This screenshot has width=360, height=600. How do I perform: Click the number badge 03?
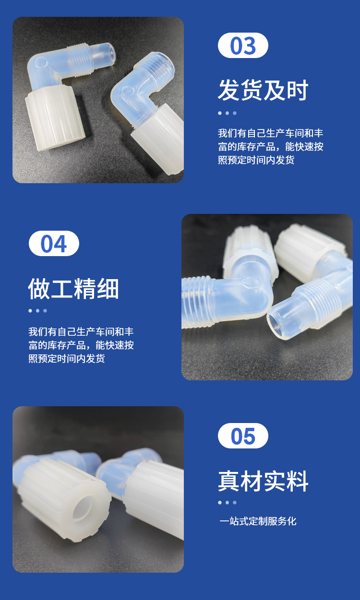pos(243,45)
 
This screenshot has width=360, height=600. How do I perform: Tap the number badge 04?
pos(54,244)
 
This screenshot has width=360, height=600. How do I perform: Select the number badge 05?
pos(243,436)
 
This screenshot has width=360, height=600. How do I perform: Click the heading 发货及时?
pos(263,90)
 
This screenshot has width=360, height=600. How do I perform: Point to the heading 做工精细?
pos(73,288)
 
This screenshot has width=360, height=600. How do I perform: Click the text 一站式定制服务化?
pos(258,521)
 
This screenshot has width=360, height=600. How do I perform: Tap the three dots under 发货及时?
pos(227,113)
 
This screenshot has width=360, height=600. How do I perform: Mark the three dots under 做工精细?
pos(38,311)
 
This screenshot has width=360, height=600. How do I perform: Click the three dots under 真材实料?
pos(227,503)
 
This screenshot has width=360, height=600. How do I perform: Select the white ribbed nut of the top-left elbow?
pos(55,118)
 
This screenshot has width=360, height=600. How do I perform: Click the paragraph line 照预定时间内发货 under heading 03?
pos(256,160)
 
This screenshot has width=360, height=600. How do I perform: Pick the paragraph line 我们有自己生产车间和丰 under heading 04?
pos(81,331)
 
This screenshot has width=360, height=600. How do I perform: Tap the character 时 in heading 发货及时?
pos(297,90)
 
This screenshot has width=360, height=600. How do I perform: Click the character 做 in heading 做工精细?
pos(39,288)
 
